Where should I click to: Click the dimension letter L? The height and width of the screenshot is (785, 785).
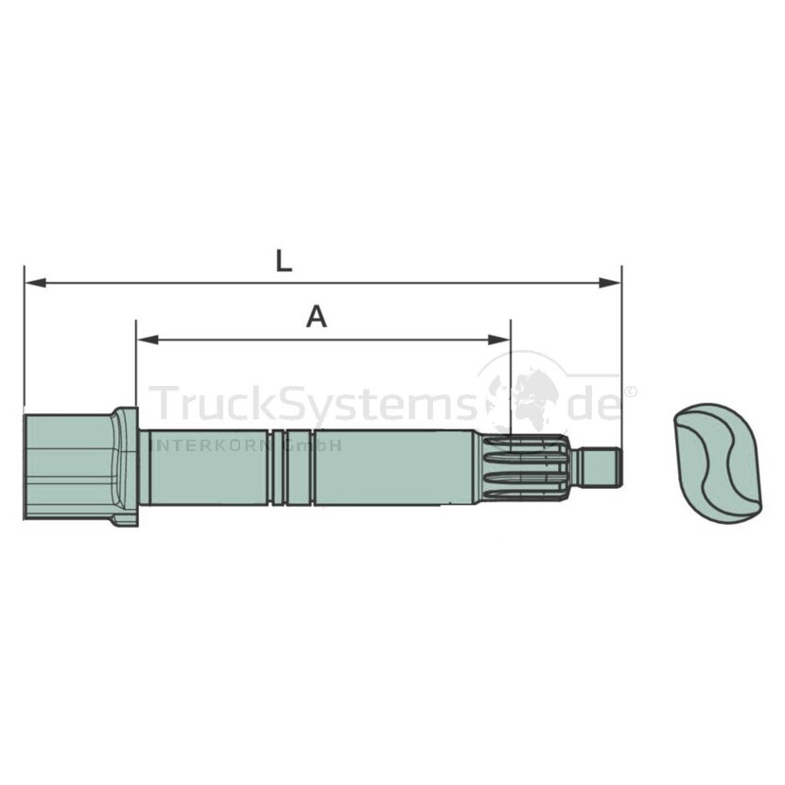284,261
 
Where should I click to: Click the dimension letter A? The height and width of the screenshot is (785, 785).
317,317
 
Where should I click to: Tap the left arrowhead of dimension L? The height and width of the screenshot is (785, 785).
36,284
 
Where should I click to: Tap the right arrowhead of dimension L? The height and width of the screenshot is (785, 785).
610,283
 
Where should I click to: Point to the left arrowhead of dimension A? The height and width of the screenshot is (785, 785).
148,340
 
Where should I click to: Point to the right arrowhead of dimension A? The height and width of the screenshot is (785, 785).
499,340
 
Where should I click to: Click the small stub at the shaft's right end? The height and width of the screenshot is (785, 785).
598,467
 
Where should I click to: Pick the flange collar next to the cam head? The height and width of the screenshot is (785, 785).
125,466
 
